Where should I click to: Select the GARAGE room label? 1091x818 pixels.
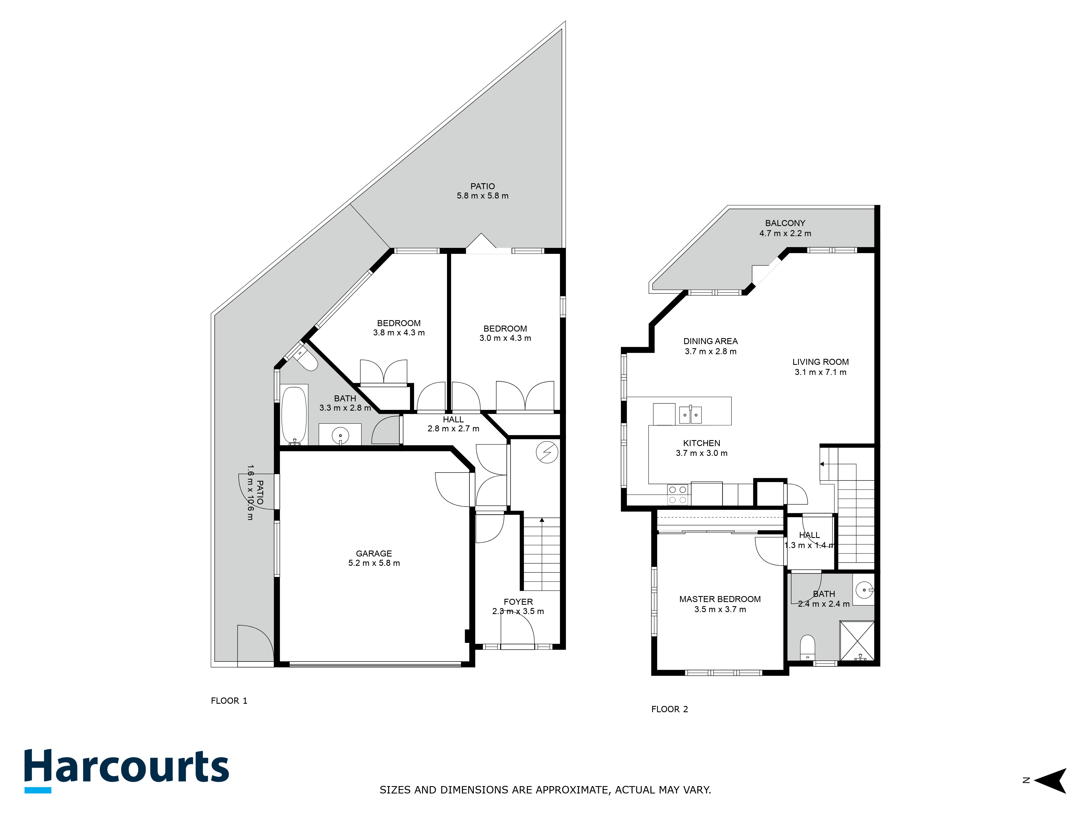[x=374, y=553]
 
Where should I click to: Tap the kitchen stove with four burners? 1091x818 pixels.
[x=678, y=495]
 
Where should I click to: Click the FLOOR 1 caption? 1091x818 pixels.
[x=229, y=701]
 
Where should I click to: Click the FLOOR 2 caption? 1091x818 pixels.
[x=669, y=709]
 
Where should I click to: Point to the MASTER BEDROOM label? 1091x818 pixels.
[x=720, y=599]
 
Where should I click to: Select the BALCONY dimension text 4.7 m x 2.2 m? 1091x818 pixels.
[x=785, y=233]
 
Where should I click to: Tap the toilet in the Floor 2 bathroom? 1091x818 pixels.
[x=807, y=647]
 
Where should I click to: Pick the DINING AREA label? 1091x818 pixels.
[x=710, y=341]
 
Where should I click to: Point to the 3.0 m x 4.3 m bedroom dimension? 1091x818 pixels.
[x=505, y=338]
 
